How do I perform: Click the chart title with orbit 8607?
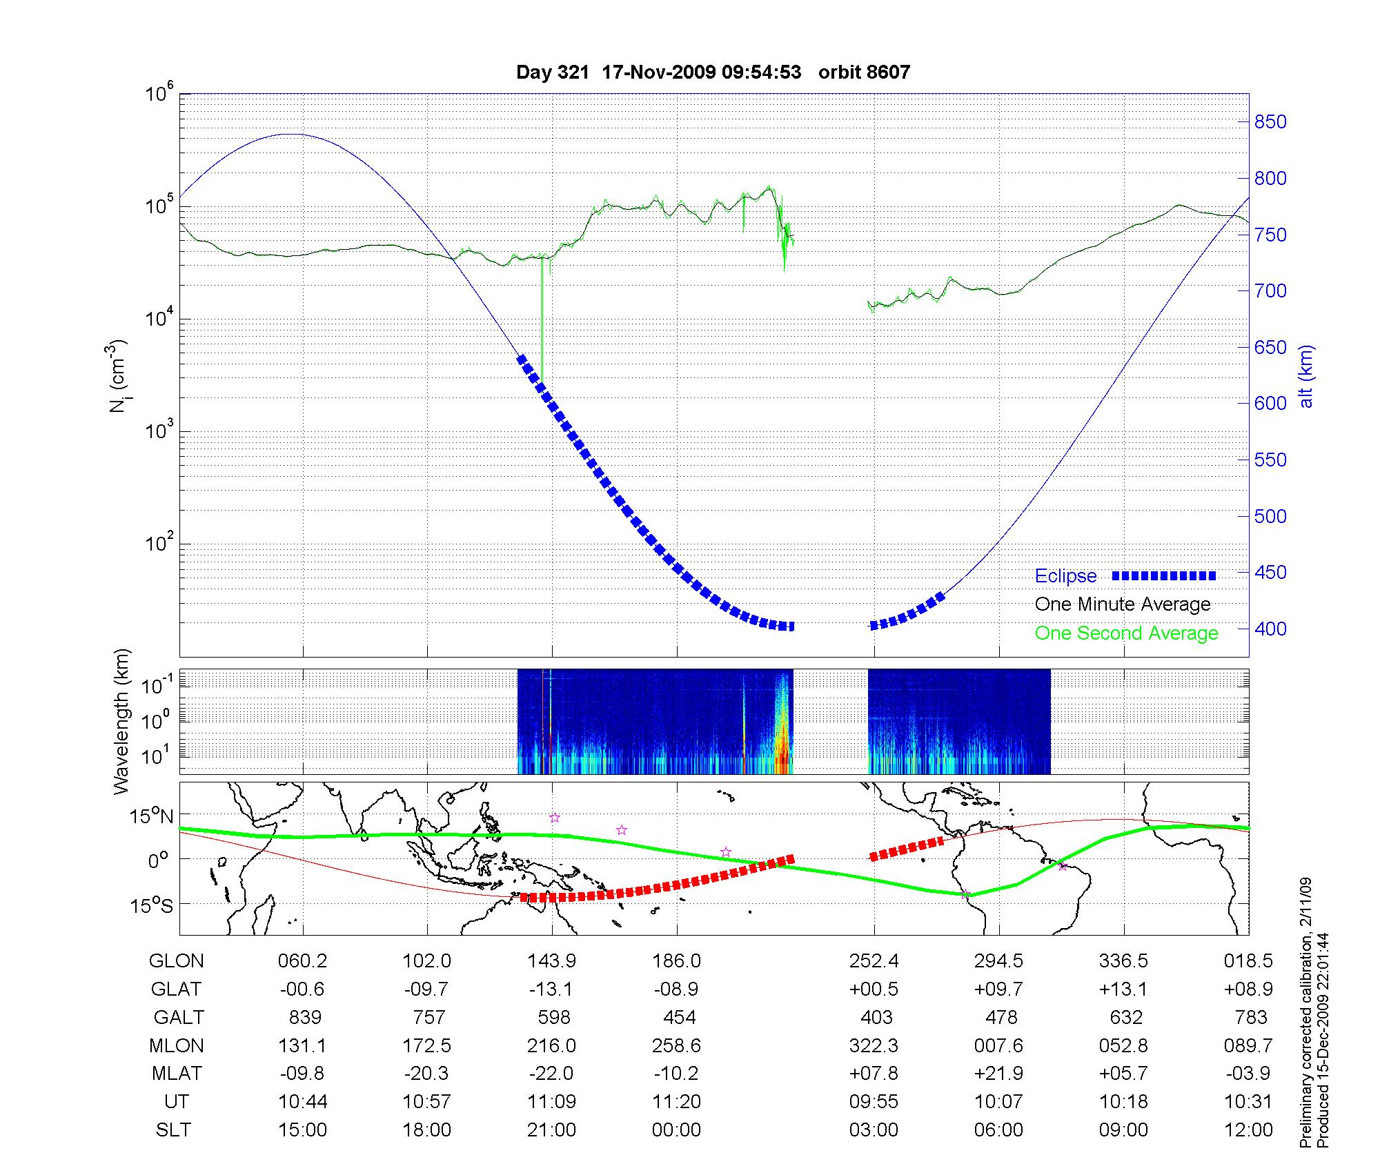point(713,72)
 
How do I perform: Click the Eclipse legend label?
point(1065,576)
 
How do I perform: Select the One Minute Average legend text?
point(1123,604)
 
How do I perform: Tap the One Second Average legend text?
point(1126,633)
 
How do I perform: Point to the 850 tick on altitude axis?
point(1270,122)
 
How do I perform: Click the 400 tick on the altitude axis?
point(1270,629)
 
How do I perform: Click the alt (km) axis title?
point(1306,376)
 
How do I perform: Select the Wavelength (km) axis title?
point(121,721)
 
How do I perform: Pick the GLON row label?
point(177,961)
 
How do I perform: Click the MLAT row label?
point(177,1074)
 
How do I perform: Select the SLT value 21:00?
point(551,1130)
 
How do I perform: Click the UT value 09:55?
point(874,1101)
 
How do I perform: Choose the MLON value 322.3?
point(874,1045)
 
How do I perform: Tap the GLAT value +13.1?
point(1123,989)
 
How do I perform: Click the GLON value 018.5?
point(1248,961)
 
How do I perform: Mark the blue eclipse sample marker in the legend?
point(1163,575)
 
